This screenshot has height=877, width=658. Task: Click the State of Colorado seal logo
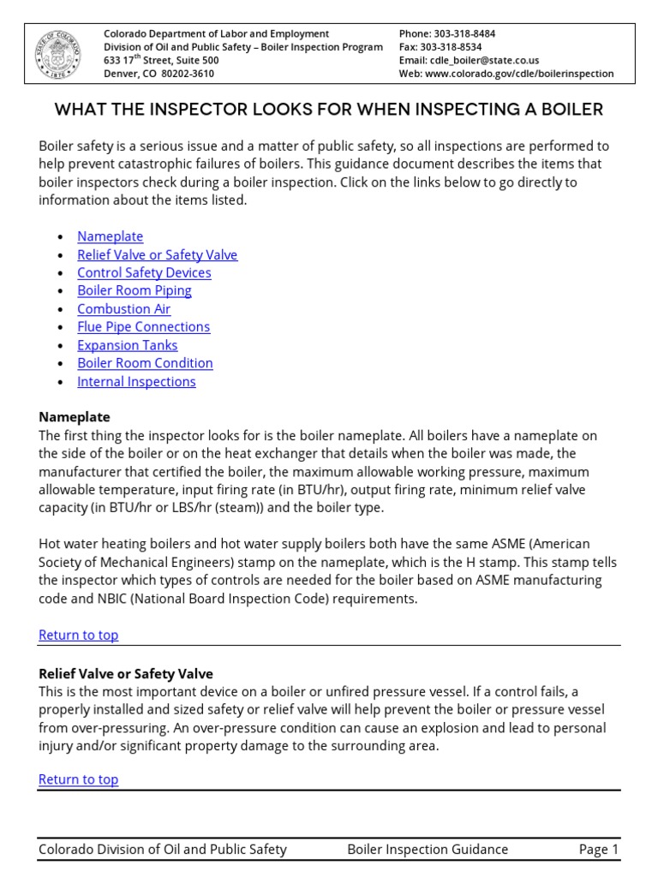point(59,54)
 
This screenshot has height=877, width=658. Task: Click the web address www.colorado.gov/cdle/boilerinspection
point(519,74)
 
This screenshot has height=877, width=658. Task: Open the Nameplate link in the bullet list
point(110,236)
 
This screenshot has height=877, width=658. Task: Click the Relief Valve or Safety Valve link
point(157,254)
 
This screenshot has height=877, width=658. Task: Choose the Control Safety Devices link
point(144,272)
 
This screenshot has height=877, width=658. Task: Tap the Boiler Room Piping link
point(134,290)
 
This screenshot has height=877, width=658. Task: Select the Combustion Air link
point(123,309)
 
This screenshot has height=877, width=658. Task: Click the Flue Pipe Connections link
point(143,327)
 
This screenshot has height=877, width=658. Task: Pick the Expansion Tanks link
point(127,345)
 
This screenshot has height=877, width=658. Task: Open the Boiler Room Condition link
point(145,363)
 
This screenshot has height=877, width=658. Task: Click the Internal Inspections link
point(136,382)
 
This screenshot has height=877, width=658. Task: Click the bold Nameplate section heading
point(75,417)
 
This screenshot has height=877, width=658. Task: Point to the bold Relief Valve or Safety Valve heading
point(126,674)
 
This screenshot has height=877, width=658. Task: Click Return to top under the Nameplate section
point(78,635)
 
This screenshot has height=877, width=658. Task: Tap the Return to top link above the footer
point(78,779)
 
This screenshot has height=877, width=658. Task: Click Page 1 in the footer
point(598,850)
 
